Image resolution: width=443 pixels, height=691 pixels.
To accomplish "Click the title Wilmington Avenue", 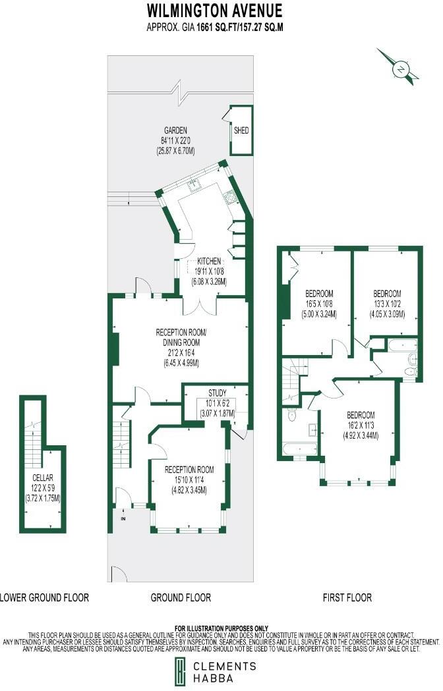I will [x=214, y=11].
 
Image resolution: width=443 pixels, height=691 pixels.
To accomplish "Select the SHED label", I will [x=241, y=130].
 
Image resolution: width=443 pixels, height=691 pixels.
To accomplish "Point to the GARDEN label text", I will [x=175, y=130].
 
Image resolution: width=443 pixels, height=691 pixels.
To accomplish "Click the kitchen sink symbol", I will [x=194, y=185].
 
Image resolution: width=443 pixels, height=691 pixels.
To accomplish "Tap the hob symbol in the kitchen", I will [x=231, y=196].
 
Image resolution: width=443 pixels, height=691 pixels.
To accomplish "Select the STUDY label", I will [x=217, y=394].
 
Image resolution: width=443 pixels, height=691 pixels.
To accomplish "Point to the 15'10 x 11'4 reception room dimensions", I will [x=189, y=480].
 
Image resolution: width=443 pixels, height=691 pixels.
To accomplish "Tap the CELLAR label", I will [x=42, y=478].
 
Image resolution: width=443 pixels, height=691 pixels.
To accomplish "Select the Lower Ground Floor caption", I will [x=44, y=597].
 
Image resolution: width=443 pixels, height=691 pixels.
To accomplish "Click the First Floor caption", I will [x=347, y=597].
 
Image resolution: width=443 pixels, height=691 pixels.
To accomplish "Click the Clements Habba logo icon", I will [x=179, y=672].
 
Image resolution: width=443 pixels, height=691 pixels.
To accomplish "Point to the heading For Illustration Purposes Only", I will [x=221, y=628].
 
